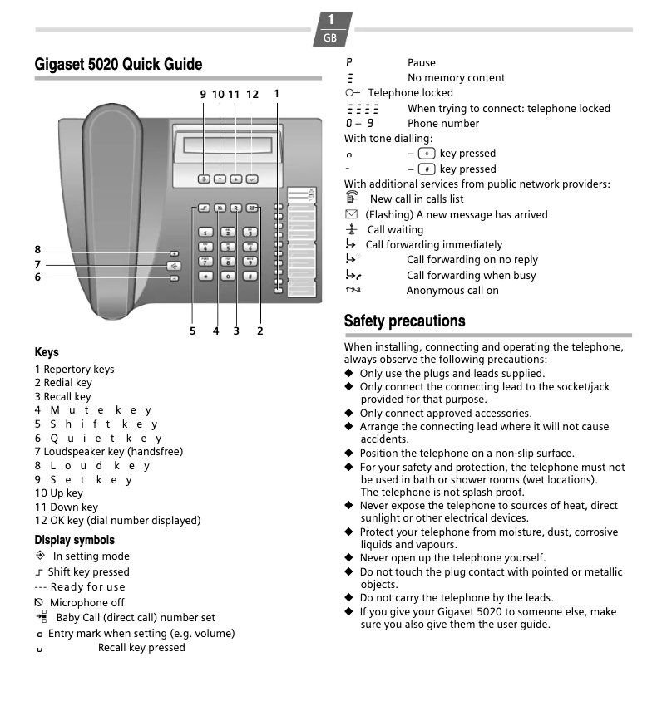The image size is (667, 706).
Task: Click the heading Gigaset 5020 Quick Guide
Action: pos(118,65)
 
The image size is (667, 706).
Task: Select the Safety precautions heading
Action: pos(404,321)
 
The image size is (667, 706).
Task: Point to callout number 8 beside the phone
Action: pos(37,250)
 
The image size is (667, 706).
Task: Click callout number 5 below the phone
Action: pos(192,331)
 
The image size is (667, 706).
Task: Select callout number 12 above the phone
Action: pos(252,95)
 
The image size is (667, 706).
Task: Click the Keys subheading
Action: pos(47,352)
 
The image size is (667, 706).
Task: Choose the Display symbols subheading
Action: pos(74,540)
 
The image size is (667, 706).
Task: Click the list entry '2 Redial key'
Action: pos(63,383)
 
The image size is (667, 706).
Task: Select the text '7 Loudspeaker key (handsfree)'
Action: pos(108,452)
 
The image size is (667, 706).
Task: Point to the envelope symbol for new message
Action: pos(351,215)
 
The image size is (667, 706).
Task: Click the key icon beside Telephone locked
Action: pos(353,93)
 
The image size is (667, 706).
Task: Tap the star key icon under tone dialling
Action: pos(427,154)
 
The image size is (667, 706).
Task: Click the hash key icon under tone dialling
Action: pos(427,169)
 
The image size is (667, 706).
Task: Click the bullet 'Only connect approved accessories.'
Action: pos(445,414)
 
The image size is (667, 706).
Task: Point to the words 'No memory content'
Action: pos(456,78)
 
